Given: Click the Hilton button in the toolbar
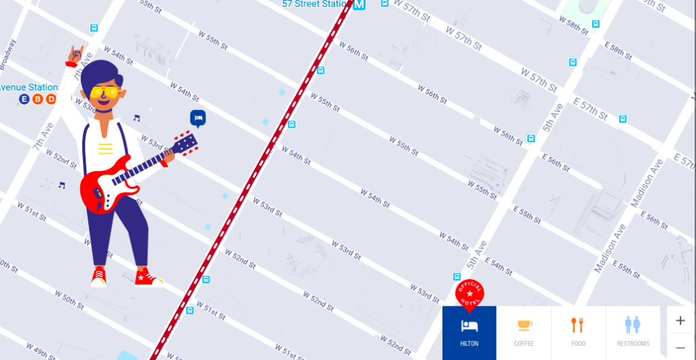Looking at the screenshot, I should [x=469, y=332].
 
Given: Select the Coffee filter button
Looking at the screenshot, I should [x=523, y=332].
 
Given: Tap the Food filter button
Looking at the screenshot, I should [x=578, y=332].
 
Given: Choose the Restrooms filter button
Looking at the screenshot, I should [x=633, y=332].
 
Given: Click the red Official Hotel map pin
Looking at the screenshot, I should [x=470, y=293].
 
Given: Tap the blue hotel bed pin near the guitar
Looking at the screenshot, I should [x=198, y=119].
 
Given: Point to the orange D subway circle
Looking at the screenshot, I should [x=50, y=99].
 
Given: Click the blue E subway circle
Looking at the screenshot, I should [x=24, y=99].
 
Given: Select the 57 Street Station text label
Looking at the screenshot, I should [x=315, y=5].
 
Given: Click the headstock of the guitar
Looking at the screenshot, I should [x=186, y=143].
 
